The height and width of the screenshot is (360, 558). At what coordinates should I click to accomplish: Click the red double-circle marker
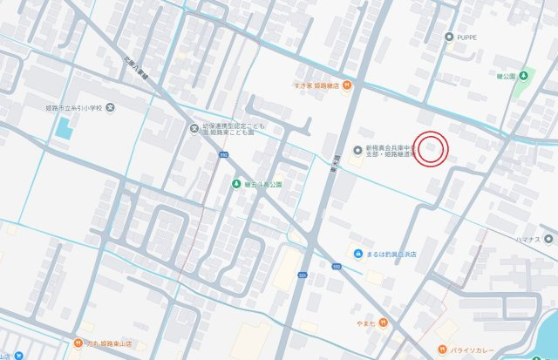coord(430,149)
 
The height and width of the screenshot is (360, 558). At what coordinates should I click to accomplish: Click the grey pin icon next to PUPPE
coord(449,37)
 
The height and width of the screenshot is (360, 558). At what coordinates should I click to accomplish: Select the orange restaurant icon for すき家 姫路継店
coord(347,85)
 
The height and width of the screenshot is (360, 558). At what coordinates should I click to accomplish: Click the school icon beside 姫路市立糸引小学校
coord(120,108)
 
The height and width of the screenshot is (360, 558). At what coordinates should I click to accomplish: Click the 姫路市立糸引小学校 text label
coord(78,108)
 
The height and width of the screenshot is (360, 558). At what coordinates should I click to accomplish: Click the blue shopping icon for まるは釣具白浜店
coord(357,254)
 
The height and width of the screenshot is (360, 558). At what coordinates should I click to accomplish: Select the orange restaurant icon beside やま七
coord(382,323)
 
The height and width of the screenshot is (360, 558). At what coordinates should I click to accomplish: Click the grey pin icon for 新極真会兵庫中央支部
coord(357,151)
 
